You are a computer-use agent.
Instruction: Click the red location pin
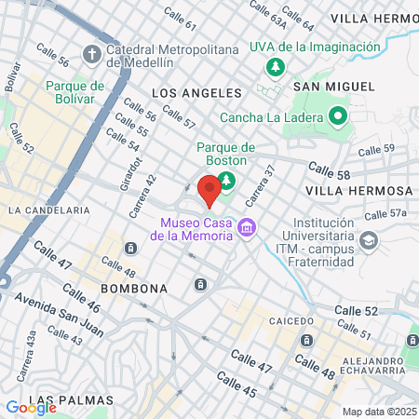(209, 189)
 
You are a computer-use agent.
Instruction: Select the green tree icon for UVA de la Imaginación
(275, 67)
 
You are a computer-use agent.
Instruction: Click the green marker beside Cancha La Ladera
(336, 117)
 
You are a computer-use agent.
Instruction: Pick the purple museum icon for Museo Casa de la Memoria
(247, 227)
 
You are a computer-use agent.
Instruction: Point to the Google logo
(31, 407)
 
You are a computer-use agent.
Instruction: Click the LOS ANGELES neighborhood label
(196, 93)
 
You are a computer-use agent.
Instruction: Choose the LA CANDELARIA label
(48, 210)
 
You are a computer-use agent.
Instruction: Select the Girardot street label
(130, 171)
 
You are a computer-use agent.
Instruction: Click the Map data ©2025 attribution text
(379, 412)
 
